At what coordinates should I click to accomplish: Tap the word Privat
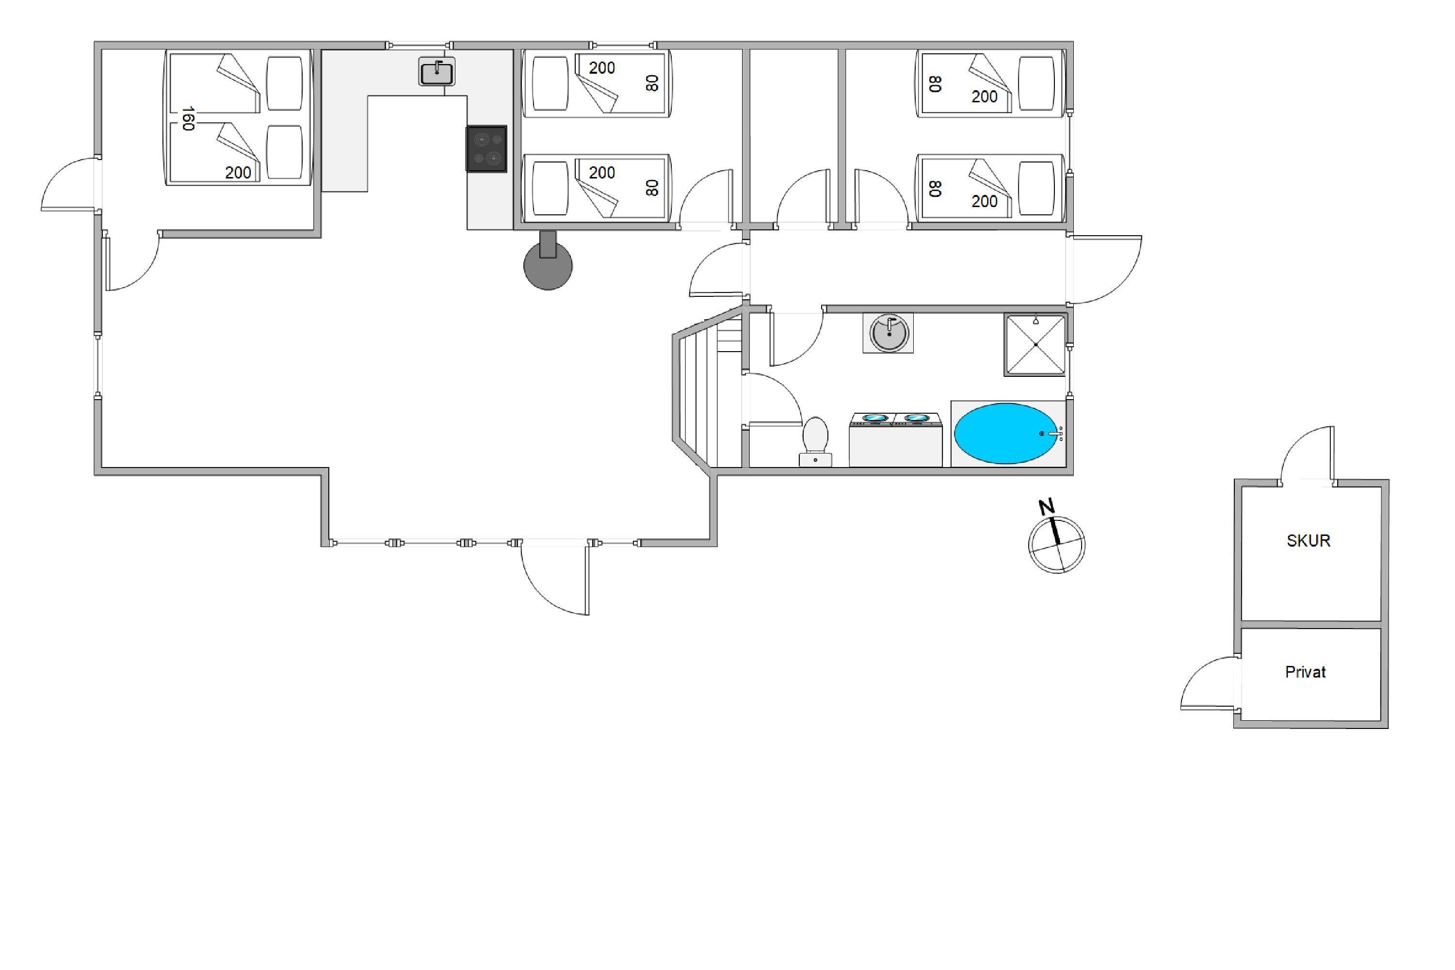point(1305,672)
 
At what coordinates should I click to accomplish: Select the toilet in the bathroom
point(815,441)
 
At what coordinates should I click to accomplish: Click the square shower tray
point(1035,344)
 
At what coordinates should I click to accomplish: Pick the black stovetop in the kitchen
point(486,148)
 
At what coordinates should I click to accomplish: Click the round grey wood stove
point(548,265)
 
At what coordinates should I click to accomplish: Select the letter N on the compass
point(1046,507)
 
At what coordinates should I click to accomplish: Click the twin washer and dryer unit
point(895,439)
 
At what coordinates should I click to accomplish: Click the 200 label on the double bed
point(238,173)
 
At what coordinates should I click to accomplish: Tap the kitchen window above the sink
point(420,45)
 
